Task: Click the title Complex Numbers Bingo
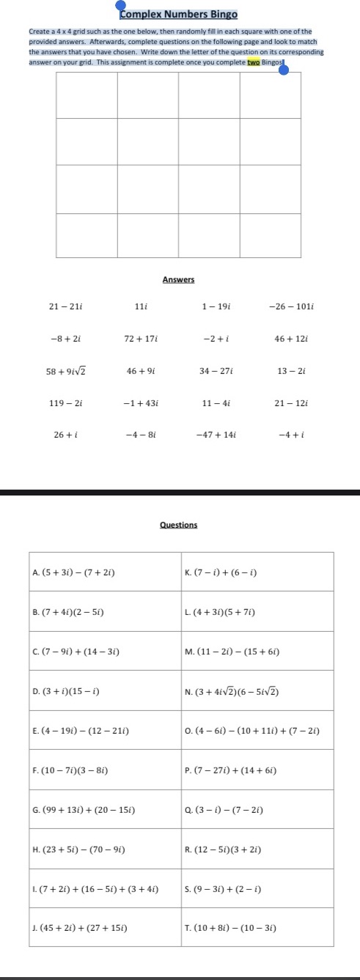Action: pos(179,15)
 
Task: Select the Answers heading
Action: pos(178,279)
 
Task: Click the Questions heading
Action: pos(178,525)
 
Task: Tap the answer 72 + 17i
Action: pos(142,338)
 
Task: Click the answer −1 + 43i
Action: pos(142,402)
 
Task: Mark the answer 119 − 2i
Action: pos(65,402)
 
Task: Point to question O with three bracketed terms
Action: pos(251,731)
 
